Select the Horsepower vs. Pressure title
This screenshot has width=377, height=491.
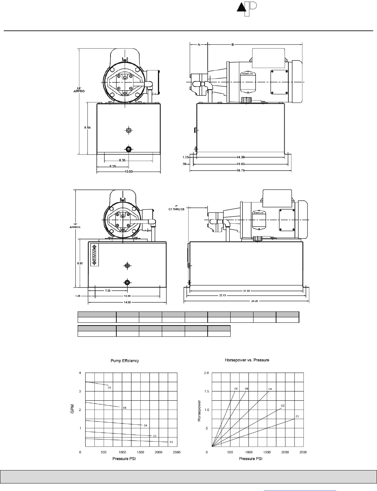coord(247,360)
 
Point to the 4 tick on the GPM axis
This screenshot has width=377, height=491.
coord(80,373)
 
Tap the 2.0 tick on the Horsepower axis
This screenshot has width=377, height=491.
coord(206,373)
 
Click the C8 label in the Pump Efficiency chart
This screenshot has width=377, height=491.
coord(109,387)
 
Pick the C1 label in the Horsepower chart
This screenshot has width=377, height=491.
coord(297,416)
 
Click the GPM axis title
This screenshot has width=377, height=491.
coord(73,409)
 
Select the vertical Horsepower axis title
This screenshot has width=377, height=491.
coord(199,411)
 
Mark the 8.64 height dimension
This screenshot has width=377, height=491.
coord(88,128)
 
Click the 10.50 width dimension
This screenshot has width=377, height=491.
coord(129,171)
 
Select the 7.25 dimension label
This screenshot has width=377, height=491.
coord(107,290)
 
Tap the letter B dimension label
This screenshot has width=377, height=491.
coord(233,44)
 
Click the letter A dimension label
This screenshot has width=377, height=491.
coord(199,44)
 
